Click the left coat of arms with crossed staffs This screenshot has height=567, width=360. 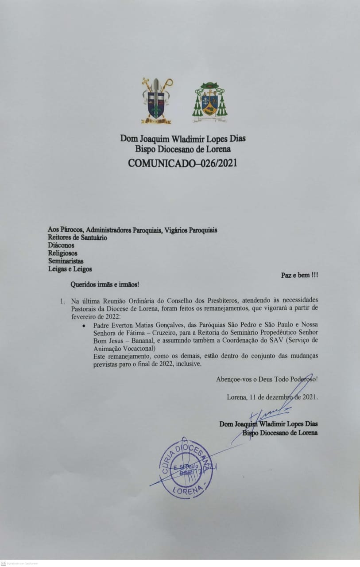(x=156, y=101)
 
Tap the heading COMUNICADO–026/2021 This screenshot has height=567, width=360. (x=182, y=163)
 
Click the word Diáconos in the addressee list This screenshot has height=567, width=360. (x=61, y=245)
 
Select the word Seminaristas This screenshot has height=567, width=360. (x=66, y=261)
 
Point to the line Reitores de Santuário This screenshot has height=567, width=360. (x=77, y=237)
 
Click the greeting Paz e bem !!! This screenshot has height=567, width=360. (x=299, y=275)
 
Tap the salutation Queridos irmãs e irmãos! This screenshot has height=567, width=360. (x=105, y=283)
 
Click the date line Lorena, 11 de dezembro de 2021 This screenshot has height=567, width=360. (x=272, y=397)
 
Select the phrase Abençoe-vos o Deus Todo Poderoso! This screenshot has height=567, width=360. (x=267, y=379)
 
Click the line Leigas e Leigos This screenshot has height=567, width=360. (x=70, y=269)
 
